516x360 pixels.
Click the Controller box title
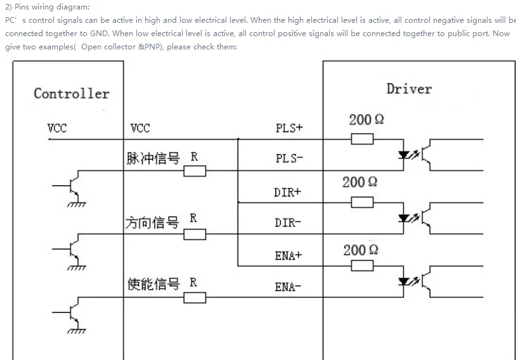pyautogui.click(x=71, y=94)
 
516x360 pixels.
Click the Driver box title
pyautogui.click(x=409, y=89)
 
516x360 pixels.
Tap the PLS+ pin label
pyautogui.click(x=289, y=128)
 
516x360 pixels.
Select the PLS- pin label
pyautogui.click(x=289, y=158)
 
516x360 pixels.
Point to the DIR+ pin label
pyautogui.click(x=288, y=192)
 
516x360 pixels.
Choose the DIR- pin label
pyautogui.click(x=288, y=222)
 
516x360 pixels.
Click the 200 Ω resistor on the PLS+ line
pyautogui.click(x=362, y=138)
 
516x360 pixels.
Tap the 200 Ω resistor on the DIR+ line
pyautogui.click(x=362, y=202)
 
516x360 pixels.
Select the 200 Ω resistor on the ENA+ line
pyautogui.click(x=362, y=266)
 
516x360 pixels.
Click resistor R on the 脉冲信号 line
pyautogui.click(x=195, y=170)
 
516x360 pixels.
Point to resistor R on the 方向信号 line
pyautogui.click(x=195, y=235)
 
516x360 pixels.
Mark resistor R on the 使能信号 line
pyautogui.click(x=195, y=297)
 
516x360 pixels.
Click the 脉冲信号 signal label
pyautogui.click(x=153, y=158)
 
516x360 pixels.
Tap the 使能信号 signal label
pyautogui.click(x=153, y=284)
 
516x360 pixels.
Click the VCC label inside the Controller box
pyautogui.click(x=57, y=128)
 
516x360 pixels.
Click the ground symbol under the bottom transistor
pyautogui.click(x=76, y=330)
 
